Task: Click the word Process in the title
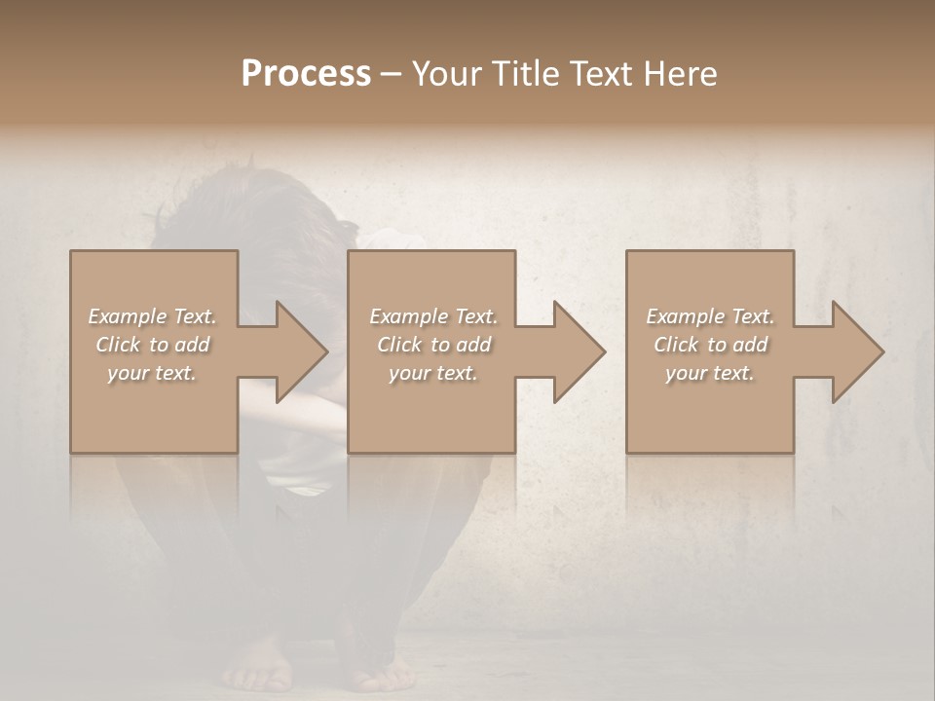click(x=306, y=74)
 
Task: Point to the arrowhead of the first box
click(x=297, y=351)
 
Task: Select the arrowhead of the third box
click(x=853, y=351)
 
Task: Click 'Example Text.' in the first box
click(x=152, y=316)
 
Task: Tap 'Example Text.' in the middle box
click(x=433, y=316)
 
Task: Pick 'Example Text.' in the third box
click(x=710, y=316)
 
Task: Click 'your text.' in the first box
click(x=152, y=373)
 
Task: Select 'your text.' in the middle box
click(x=433, y=373)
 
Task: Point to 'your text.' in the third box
click(x=710, y=373)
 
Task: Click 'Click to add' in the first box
click(x=152, y=345)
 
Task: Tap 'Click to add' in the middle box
click(x=433, y=345)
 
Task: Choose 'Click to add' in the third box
click(x=710, y=345)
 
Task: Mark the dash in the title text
click(x=391, y=75)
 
